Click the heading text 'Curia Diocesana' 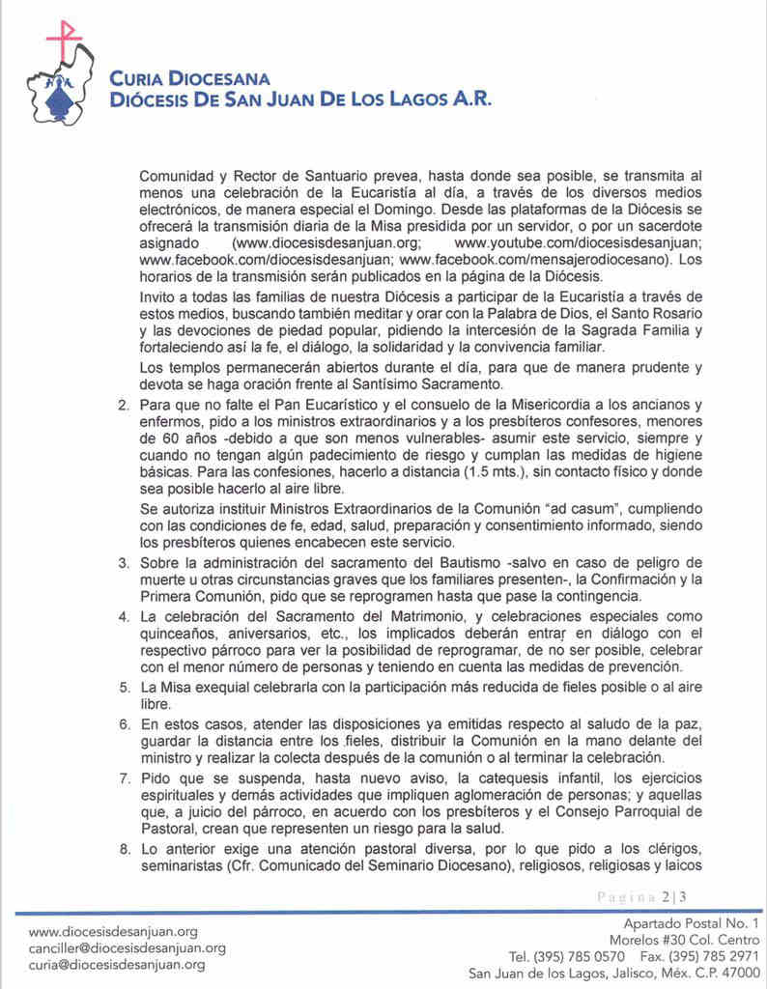click(189, 79)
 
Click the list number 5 click(123, 689)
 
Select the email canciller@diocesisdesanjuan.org click(128, 947)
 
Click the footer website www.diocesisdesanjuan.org click(113, 931)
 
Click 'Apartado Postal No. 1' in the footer click(692, 923)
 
